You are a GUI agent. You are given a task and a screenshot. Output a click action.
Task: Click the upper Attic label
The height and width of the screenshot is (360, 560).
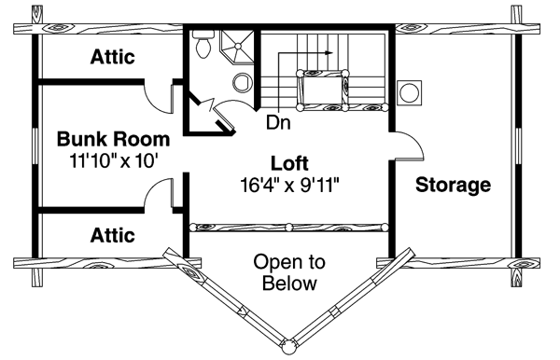coord(113,57)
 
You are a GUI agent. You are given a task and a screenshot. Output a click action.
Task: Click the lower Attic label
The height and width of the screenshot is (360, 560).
coord(113,234)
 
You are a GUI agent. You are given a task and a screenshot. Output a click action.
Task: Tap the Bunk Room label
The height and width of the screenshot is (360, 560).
coord(114,140)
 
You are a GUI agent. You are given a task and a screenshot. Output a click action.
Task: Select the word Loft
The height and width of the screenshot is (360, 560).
coord(287,159)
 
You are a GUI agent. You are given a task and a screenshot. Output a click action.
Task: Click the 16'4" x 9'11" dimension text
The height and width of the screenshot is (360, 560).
coord(287,179)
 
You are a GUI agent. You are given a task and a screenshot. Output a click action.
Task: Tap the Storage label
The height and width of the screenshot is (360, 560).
coord(454,185)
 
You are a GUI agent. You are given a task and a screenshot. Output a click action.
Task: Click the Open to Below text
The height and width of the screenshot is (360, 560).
coord(288,271)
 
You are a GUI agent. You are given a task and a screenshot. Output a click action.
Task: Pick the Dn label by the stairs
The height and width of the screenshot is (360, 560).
coord(276,121)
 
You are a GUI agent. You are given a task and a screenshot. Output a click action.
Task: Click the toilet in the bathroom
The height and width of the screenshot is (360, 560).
coord(203,46)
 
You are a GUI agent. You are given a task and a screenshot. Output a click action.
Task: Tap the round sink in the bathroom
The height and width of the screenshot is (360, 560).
coord(242,82)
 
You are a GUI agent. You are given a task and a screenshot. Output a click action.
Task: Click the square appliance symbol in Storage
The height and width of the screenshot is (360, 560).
coord(410,92)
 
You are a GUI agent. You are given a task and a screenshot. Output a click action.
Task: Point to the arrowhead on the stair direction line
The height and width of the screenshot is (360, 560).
coord(329,53)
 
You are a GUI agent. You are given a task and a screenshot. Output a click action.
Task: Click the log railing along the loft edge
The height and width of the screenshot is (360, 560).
coord(288,226)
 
